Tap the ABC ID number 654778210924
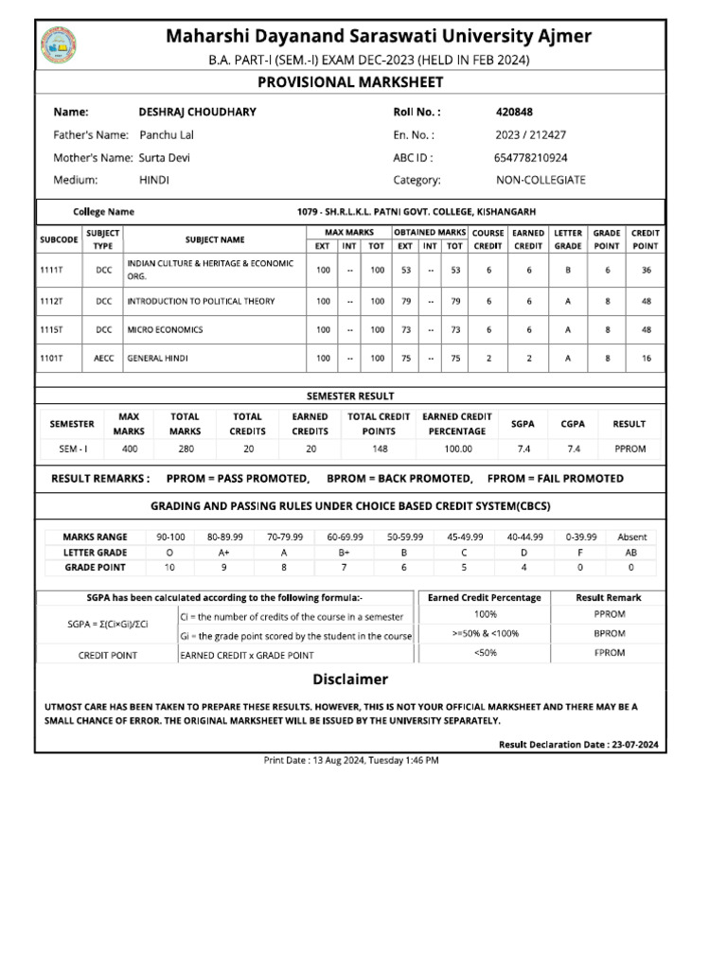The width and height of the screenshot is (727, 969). click(x=531, y=157)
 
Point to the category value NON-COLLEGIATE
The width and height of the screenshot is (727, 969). click(x=541, y=180)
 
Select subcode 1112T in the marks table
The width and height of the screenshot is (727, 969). click(x=51, y=301)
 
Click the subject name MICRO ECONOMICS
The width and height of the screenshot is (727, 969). click(x=165, y=329)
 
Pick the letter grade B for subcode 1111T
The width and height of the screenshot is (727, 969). click(x=568, y=270)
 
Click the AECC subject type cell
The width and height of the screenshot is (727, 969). click(x=102, y=359)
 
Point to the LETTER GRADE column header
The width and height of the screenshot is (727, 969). click(x=568, y=238)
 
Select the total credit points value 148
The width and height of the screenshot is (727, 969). click(x=379, y=449)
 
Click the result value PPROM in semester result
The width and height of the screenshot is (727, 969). click(x=629, y=449)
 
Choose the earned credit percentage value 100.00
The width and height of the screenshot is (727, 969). click(x=457, y=449)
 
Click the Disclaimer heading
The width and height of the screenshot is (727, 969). click(x=350, y=679)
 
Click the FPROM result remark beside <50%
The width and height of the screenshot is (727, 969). click(x=609, y=654)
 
